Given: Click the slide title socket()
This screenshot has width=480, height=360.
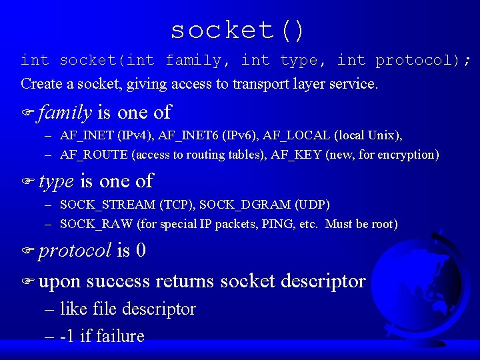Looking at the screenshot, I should click(238, 31).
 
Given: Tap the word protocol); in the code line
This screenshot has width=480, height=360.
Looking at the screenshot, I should click(423, 61).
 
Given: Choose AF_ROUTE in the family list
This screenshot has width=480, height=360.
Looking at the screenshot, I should click(93, 155).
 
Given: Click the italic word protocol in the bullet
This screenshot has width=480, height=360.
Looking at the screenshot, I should click(75, 251).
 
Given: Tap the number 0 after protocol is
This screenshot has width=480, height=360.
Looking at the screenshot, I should click(141, 251).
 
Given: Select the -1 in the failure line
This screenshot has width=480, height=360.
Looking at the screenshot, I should click(67, 336).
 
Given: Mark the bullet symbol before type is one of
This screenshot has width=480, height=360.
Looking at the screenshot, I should click(27, 181).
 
